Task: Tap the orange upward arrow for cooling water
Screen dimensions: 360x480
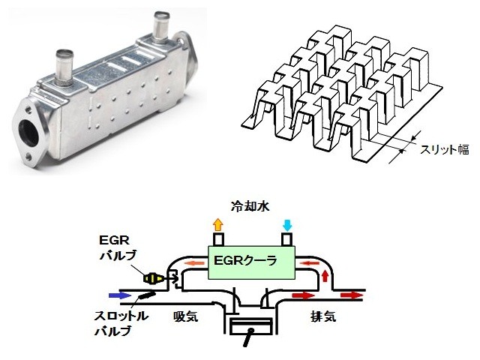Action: [217, 224]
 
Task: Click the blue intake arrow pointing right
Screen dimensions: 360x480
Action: [118, 295]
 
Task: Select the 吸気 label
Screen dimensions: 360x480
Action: [184, 316]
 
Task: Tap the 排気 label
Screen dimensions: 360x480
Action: [322, 316]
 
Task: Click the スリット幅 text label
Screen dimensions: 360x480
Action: [443, 150]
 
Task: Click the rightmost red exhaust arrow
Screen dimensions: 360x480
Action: [352, 295]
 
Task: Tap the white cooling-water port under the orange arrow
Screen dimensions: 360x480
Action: [217, 239]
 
